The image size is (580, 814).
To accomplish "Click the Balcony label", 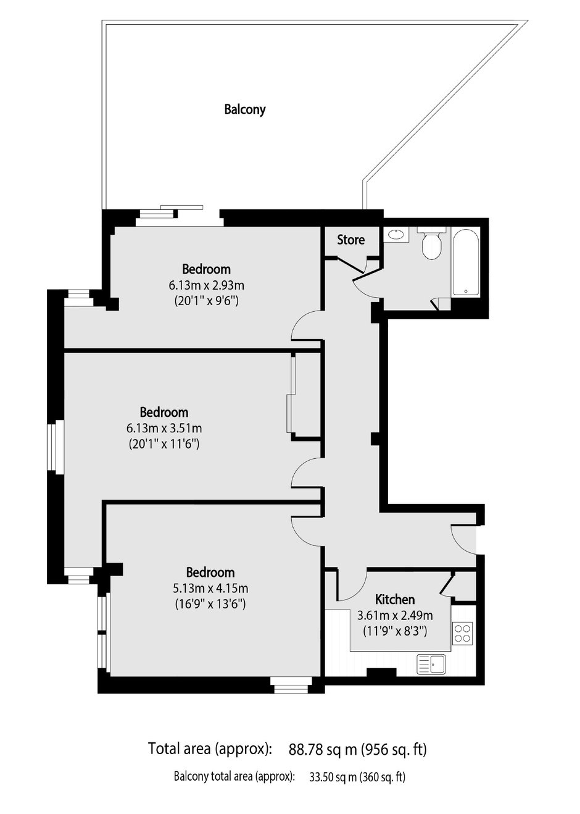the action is point(244,109).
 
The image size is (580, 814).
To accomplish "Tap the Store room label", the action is point(350,240).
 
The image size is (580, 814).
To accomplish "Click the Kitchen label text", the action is point(394,599).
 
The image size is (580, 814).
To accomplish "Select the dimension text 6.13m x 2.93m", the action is point(207,285).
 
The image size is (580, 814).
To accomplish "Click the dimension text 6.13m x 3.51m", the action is point(164,428).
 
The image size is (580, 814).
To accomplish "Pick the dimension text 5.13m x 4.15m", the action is point(210,587).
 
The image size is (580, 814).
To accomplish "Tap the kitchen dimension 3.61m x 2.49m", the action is point(395,615).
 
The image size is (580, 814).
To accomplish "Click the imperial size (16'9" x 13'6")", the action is point(210,603).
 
